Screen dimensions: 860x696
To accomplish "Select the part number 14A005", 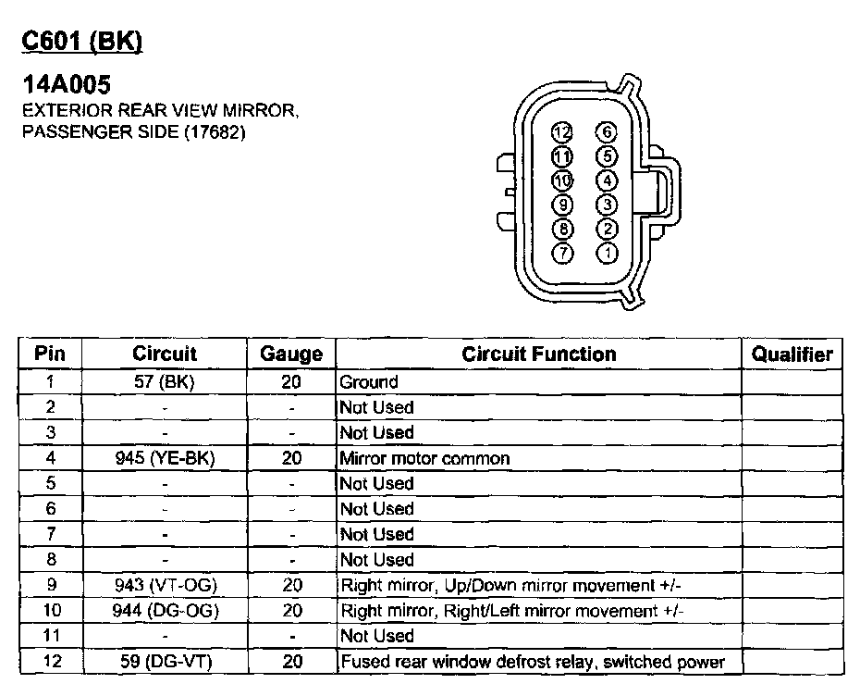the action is [x=67, y=85].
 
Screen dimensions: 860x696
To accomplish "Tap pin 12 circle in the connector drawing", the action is [x=562, y=133].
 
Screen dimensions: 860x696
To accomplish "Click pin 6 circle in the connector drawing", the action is [x=607, y=133].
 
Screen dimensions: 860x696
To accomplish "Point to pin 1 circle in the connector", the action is [x=607, y=252].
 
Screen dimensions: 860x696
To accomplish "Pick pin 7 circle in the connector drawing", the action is [x=562, y=252].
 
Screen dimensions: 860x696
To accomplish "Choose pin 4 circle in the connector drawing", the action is [x=607, y=180].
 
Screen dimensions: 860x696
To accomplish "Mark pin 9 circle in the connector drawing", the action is [x=562, y=205].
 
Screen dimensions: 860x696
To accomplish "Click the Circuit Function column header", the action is [x=538, y=354].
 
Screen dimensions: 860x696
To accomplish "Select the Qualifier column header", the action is [x=792, y=354].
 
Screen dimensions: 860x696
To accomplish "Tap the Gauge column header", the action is [x=291, y=354].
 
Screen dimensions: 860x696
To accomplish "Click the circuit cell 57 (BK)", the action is [x=165, y=381].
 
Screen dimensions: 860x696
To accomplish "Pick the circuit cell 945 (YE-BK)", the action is [x=165, y=458].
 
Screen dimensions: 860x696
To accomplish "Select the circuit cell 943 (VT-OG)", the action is [x=165, y=585].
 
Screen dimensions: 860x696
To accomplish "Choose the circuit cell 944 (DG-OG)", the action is [x=165, y=611].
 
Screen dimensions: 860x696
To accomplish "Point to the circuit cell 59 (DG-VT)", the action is [x=165, y=662].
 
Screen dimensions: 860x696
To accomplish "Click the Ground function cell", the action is [x=369, y=381].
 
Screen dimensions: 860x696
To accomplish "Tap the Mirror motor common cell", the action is [x=424, y=458].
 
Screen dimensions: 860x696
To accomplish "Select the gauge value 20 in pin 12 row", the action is [x=291, y=662].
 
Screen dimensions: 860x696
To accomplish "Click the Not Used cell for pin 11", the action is [x=376, y=636].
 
